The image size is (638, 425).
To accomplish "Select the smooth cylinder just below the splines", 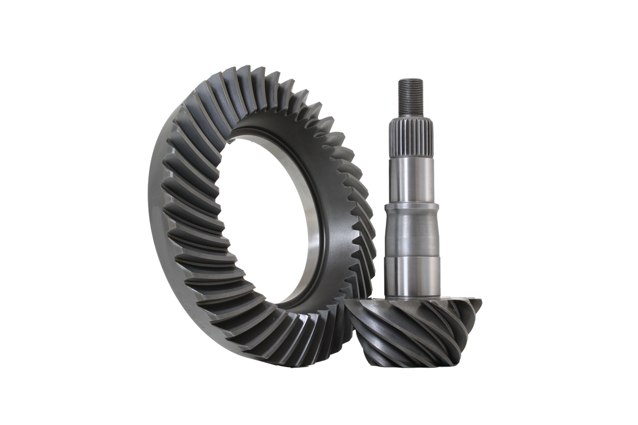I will (411, 177).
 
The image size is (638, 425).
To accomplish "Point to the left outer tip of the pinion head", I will (347, 305).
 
